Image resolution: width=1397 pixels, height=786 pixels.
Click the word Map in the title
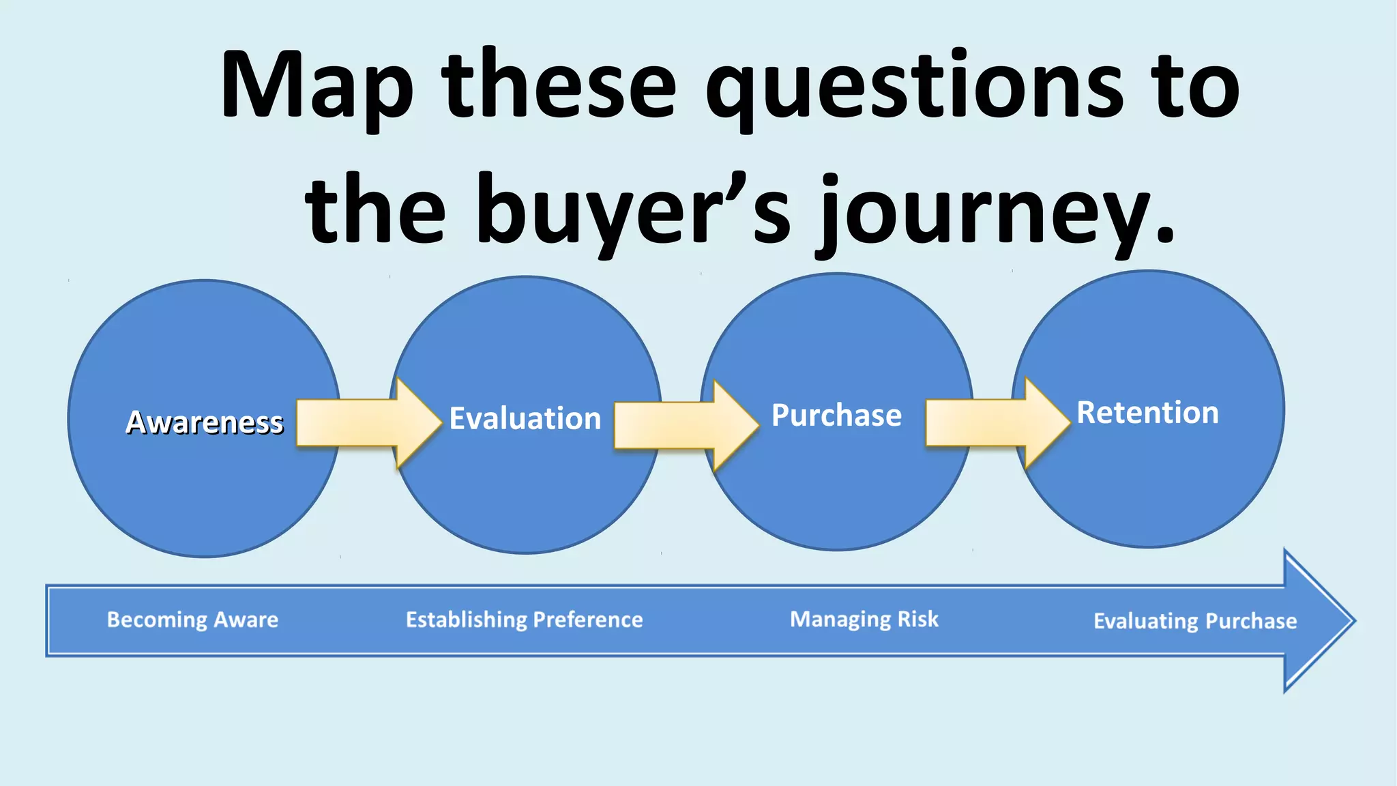click(317, 87)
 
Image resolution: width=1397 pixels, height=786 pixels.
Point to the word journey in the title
click(986, 212)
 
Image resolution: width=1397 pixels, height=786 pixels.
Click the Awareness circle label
click(204, 422)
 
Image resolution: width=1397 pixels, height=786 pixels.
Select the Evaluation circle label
click(525, 418)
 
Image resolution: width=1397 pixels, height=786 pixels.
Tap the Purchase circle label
click(836, 415)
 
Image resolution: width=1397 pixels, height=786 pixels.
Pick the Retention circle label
click(1147, 412)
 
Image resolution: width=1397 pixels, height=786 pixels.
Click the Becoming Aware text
click(192, 620)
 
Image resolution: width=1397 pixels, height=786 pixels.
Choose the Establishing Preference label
click(524, 620)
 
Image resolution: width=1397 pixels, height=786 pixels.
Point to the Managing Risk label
click(864, 619)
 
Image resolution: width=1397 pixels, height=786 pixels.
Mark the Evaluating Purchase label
click(1195, 621)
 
